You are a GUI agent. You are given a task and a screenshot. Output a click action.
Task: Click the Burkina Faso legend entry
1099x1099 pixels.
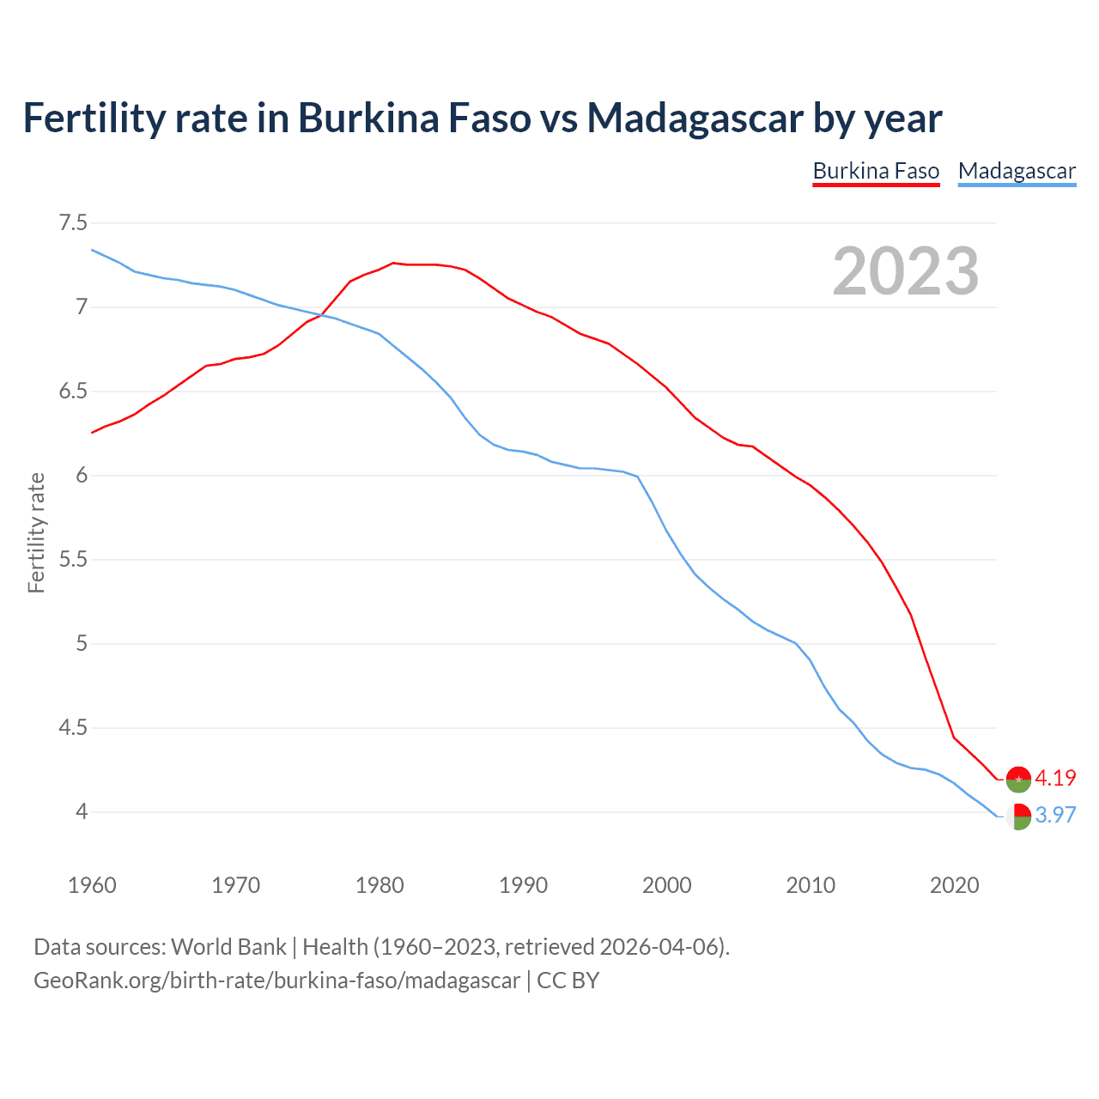[876, 171]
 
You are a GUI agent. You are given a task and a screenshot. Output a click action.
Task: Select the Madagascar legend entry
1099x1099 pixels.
[1017, 171]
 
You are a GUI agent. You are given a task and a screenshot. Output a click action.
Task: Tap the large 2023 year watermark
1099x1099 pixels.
[906, 271]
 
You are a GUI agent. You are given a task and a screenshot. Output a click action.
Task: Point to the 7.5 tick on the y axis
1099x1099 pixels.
[73, 223]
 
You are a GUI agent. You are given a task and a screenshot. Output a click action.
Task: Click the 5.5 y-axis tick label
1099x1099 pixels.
[73, 560]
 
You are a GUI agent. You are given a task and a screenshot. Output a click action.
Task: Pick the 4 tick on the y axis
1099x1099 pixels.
[82, 811]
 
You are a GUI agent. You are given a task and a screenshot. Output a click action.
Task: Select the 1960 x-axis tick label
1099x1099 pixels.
[92, 885]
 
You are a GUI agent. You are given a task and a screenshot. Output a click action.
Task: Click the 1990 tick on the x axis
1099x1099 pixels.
[523, 885]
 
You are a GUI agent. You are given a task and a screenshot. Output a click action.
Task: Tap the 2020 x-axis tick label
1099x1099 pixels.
[954, 885]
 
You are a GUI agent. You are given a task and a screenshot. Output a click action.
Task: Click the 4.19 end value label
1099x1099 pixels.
[1055, 778]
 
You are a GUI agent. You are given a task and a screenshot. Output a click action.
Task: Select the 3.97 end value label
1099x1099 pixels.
[1055, 815]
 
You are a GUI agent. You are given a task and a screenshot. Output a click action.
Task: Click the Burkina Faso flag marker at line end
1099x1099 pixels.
[1018, 779]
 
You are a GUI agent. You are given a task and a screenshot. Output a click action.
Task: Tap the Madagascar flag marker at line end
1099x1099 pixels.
[1018, 817]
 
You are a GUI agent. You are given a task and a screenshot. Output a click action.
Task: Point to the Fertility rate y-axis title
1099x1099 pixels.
[36, 532]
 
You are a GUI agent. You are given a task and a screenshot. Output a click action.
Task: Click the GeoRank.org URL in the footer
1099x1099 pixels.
[276, 981]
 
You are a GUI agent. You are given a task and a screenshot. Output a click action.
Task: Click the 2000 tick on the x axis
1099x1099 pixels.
[667, 885]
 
